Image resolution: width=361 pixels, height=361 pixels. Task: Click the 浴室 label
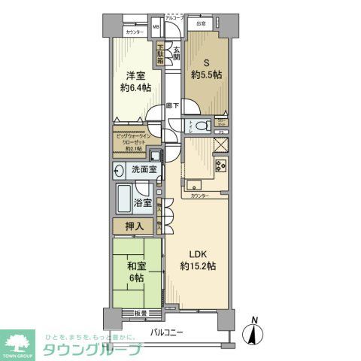tap(143, 202)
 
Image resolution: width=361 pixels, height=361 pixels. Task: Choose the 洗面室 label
tap(141, 169)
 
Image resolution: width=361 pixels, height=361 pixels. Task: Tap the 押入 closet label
tap(134, 226)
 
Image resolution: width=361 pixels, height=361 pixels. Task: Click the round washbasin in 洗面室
tap(120, 171)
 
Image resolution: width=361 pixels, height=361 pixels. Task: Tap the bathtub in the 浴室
tap(123, 201)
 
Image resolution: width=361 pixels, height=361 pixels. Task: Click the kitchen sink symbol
tap(193, 184)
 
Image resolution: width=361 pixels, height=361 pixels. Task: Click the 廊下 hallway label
tap(173, 105)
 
